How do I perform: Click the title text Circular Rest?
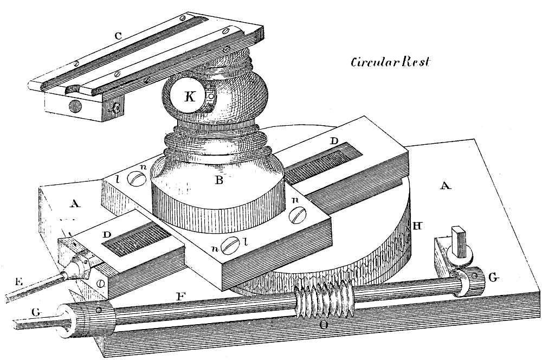(390, 61)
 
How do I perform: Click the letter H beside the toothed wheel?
(417, 224)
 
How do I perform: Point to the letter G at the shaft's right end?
(492, 277)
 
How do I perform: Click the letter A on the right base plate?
(446, 186)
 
